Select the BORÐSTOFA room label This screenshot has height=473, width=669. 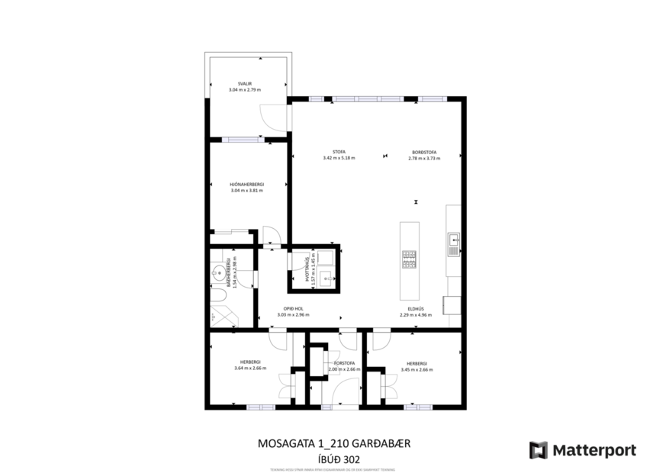click(x=424, y=152)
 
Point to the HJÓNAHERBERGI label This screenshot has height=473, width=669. click(x=246, y=185)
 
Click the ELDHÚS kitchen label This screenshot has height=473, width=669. click(x=416, y=309)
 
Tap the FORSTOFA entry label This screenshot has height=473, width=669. click(x=343, y=363)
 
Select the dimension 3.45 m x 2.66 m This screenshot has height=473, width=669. click(x=417, y=369)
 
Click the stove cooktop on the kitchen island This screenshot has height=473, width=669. click(x=409, y=259)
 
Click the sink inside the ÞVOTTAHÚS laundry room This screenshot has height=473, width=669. click(x=327, y=278)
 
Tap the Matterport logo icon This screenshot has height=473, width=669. click(x=539, y=450)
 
